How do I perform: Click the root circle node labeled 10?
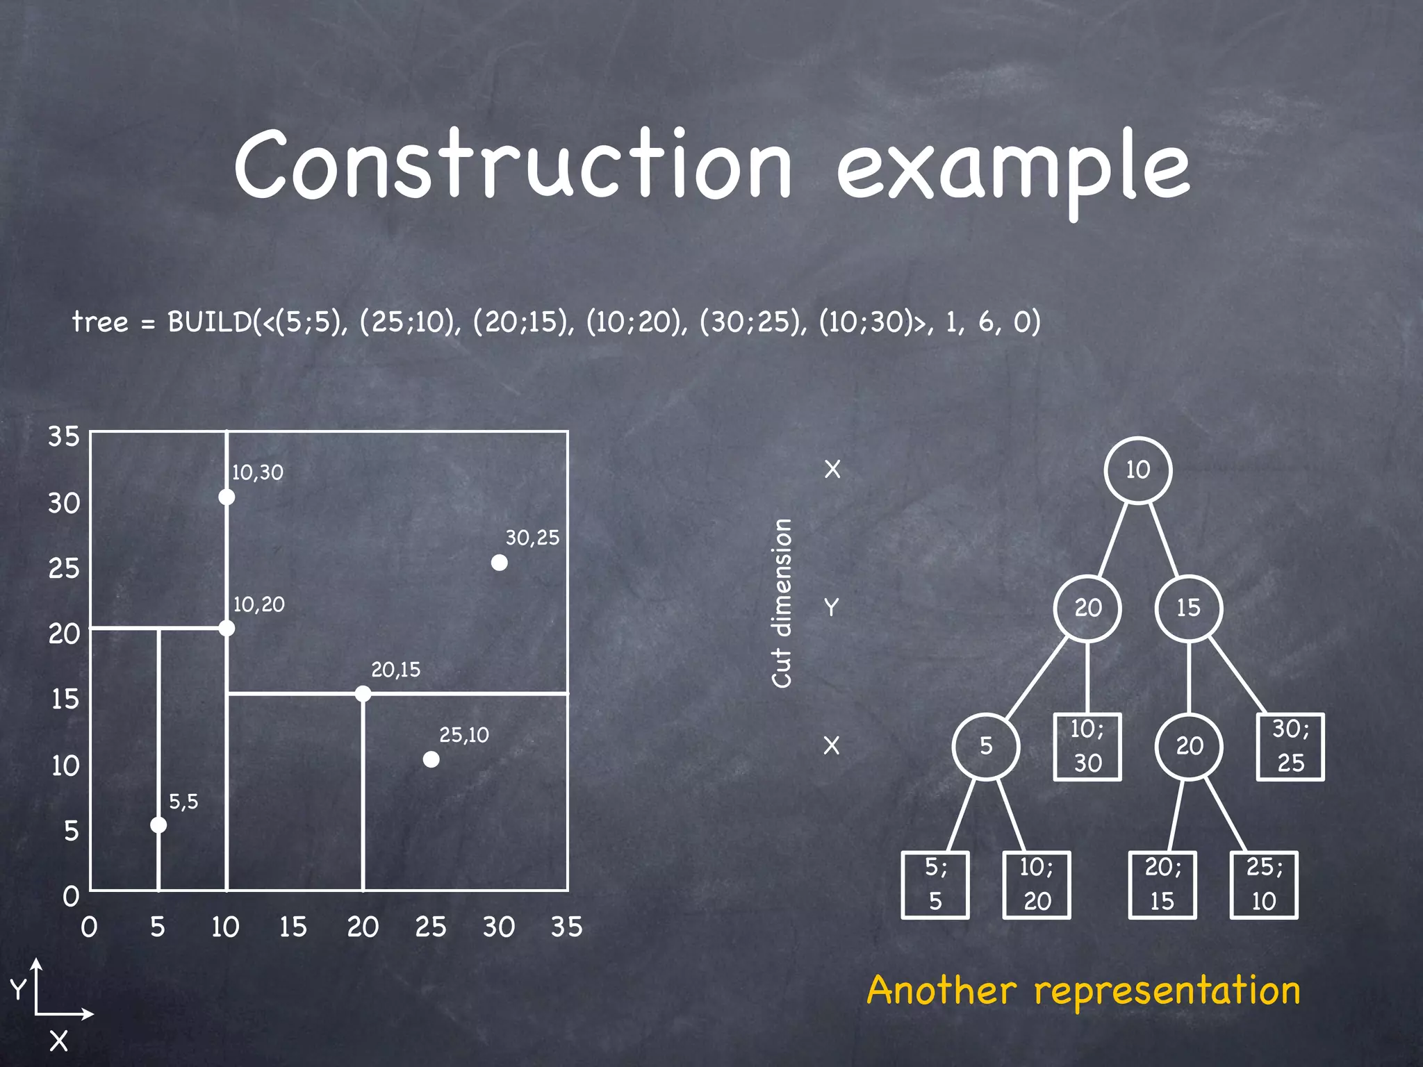[1137, 470]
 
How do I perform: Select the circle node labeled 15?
[1188, 608]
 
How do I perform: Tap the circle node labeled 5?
[986, 746]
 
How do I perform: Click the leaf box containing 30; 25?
[1290, 747]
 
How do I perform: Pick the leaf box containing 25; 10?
[1264, 884]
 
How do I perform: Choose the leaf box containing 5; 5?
[935, 884]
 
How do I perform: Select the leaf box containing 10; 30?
[1087, 747]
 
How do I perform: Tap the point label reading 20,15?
[395, 670]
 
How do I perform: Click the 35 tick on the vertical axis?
[64, 436]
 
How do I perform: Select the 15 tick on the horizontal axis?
[293, 927]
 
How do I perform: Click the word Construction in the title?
[513, 165]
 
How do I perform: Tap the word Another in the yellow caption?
[941, 990]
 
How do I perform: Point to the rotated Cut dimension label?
[782, 603]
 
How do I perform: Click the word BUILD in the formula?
[210, 322]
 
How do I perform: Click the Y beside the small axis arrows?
[17, 989]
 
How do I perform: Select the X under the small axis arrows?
[59, 1041]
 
